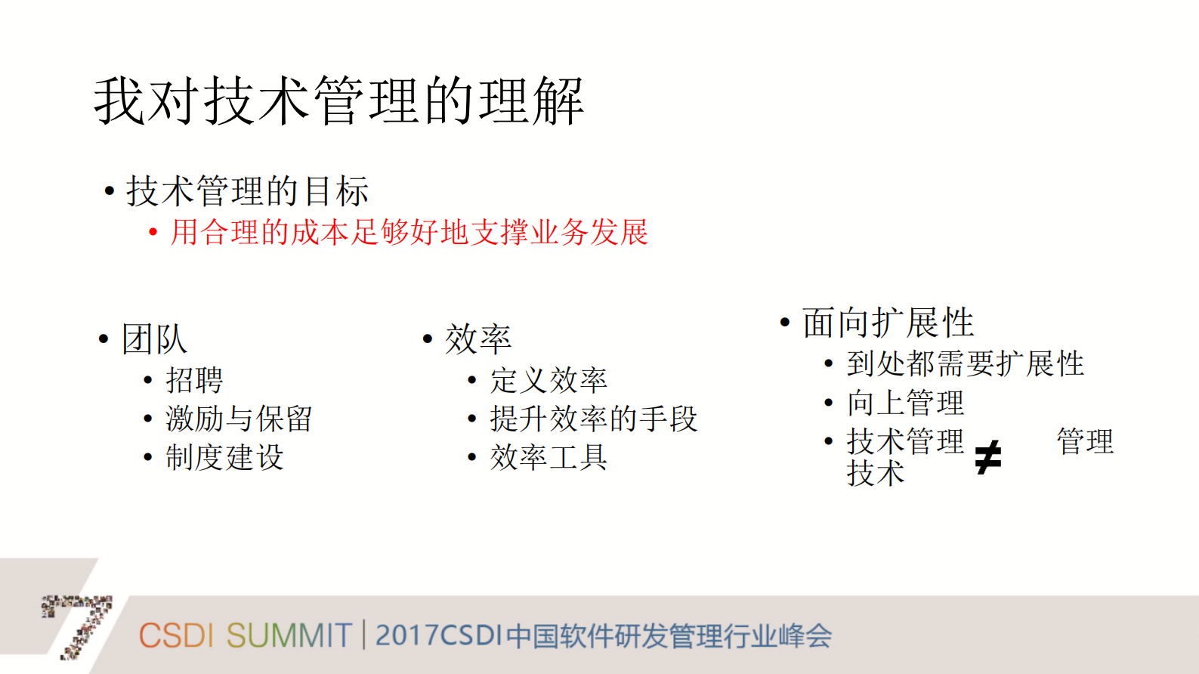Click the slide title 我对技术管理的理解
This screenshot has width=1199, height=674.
tap(338, 100)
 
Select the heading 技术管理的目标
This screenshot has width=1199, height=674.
tap(247, 190)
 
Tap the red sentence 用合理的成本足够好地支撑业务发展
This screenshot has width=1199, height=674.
tap(409, 232)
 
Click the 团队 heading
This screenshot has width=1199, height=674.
tap(154, 339)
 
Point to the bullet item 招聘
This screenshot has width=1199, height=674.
tap(194, 379)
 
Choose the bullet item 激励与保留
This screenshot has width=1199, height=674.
tap(239, 418)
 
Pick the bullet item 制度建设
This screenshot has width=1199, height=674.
tap(224, 457)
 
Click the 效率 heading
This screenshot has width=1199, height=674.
tap(477, 339)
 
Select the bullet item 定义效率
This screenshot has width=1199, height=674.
tap(549, 379)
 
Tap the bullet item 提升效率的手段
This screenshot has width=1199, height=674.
tap(593, 418)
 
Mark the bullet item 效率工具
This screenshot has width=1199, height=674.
tap(549, 457)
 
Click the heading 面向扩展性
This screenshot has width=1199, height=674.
tap(888, 323)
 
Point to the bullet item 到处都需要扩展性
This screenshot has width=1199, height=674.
tap(965, 363)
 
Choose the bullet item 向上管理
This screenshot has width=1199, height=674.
tap(905, 403)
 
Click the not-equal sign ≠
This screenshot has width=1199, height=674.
tap(987, 457)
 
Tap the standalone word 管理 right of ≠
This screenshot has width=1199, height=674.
tap(1085, 441)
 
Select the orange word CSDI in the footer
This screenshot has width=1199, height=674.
tap(176, 635)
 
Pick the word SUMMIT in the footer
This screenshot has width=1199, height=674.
tap(289, 635)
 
